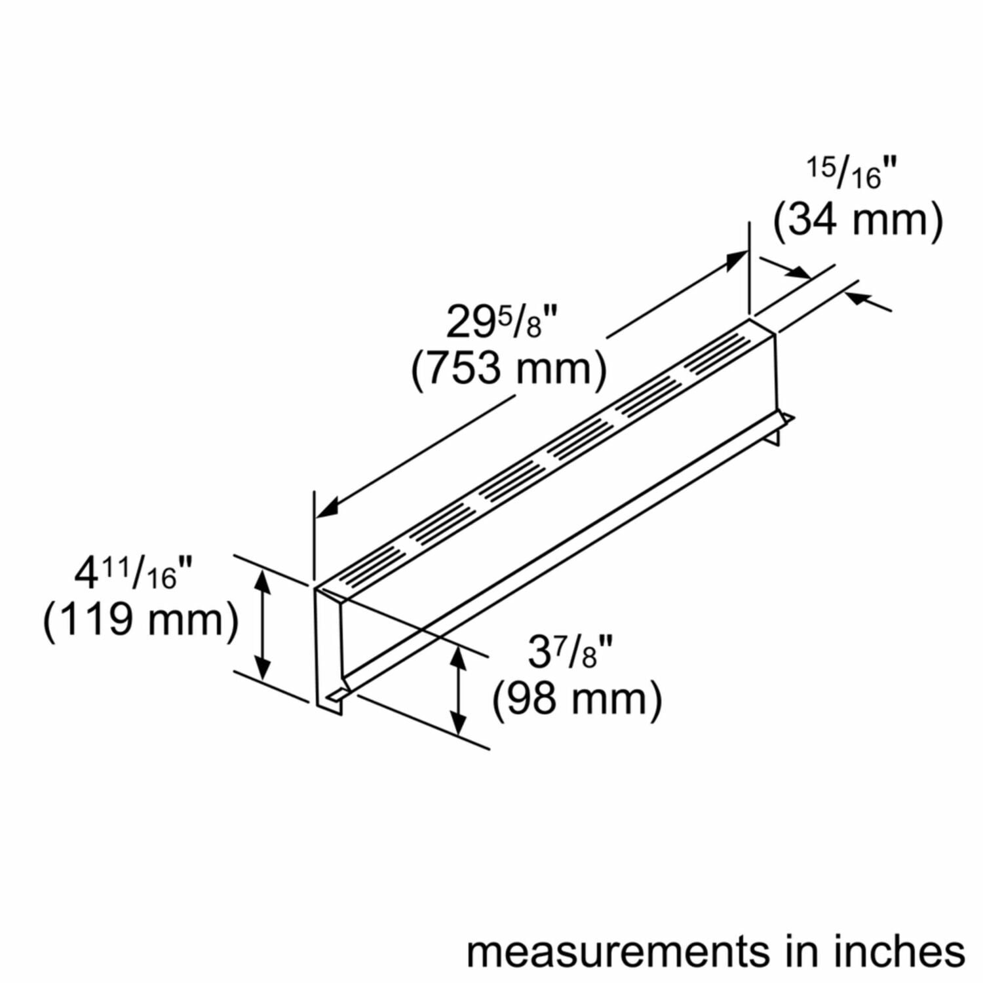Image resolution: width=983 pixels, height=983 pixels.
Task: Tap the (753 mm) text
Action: [509, 369]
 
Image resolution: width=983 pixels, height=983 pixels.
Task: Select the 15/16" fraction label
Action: [850, 174]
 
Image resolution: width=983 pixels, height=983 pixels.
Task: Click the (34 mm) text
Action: [858, 220]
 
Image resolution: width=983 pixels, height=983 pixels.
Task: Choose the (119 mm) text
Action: [140, 619]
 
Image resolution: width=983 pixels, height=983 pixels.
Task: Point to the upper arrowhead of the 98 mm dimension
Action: [459, 656]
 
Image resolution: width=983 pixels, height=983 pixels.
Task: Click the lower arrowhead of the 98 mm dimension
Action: [459, 725]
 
